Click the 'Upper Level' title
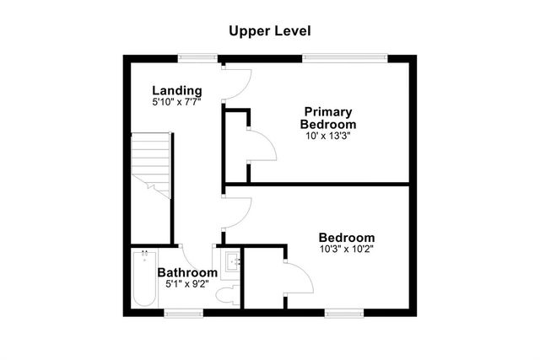270,31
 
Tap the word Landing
176,90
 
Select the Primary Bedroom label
328,117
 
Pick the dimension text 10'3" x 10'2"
346,249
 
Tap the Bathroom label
187,272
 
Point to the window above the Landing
197,57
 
